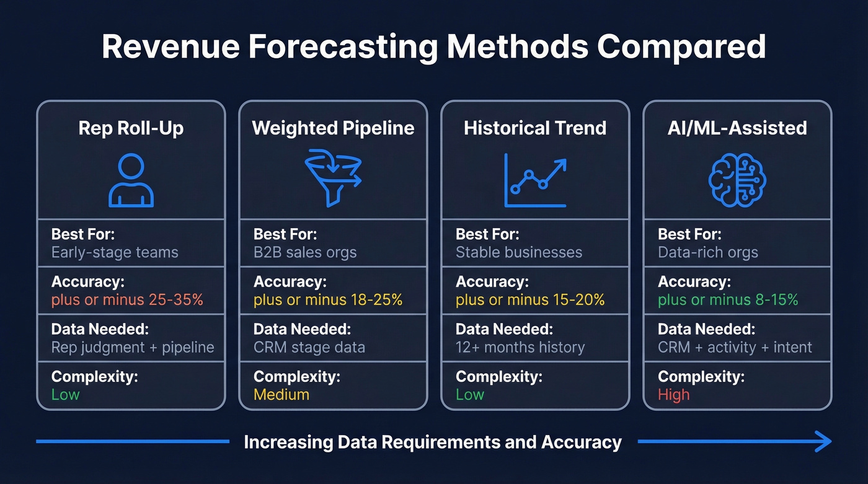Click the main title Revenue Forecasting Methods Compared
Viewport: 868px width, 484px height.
click(x=433, y=48)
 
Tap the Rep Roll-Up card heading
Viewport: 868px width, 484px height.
click(x=131, y=128)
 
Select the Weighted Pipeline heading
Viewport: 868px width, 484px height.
click(x=333, y=128)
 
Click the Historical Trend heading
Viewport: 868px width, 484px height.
click(x=535, y=128)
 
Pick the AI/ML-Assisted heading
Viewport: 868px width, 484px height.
click(x=737, y=128)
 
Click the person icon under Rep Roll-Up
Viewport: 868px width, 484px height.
click(x=131, y=180)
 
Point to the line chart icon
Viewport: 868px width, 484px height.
click(x=535, y=180)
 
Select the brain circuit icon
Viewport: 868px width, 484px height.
click(x=737, y=180)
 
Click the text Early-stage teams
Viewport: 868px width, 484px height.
click(x=115, y=253)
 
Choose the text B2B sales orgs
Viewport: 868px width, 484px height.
click(x=305, y=253)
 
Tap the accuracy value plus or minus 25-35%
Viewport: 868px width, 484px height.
click(x=127, y=300)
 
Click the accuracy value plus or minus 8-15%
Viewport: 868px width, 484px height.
click(x=728, y=300)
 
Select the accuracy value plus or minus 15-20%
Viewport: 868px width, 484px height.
click(x=530, y=300)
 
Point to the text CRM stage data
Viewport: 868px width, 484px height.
click(x=309, y=347)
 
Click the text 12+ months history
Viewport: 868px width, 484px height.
click(x=520, y=347)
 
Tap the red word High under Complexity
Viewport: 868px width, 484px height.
click(x=673, y=395)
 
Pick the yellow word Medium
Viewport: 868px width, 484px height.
click(x=281, y=395)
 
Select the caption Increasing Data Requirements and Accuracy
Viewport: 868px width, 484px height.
click(x=433, y=442)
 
